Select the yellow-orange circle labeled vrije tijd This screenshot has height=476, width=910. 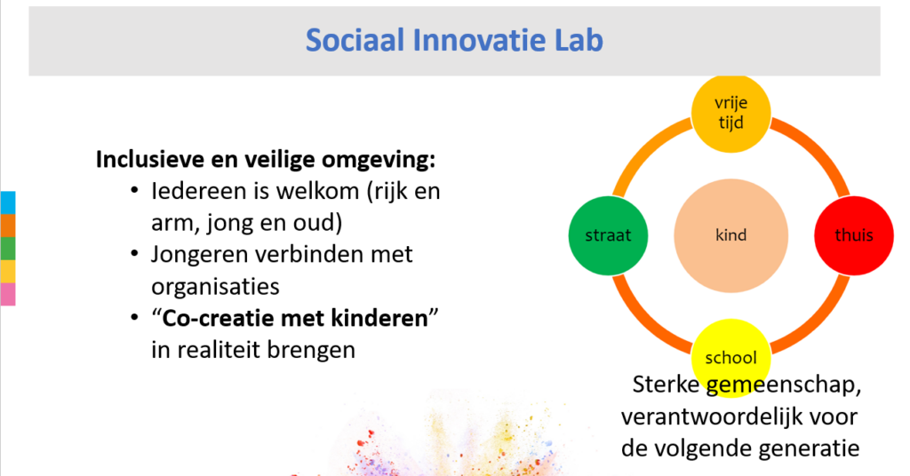(730, 113)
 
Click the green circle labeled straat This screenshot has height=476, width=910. (608, 235)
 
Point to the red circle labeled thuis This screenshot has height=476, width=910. (854, 235)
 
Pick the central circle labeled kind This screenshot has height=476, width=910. (730, 235)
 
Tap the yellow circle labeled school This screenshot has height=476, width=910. (730, 358)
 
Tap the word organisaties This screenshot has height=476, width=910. (215, 287)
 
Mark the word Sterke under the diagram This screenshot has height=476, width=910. (666, 385)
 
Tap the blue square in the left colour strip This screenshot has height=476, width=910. (7, 203)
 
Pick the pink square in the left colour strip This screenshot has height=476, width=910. (7, 294)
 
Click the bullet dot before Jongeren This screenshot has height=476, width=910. (135, 254)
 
